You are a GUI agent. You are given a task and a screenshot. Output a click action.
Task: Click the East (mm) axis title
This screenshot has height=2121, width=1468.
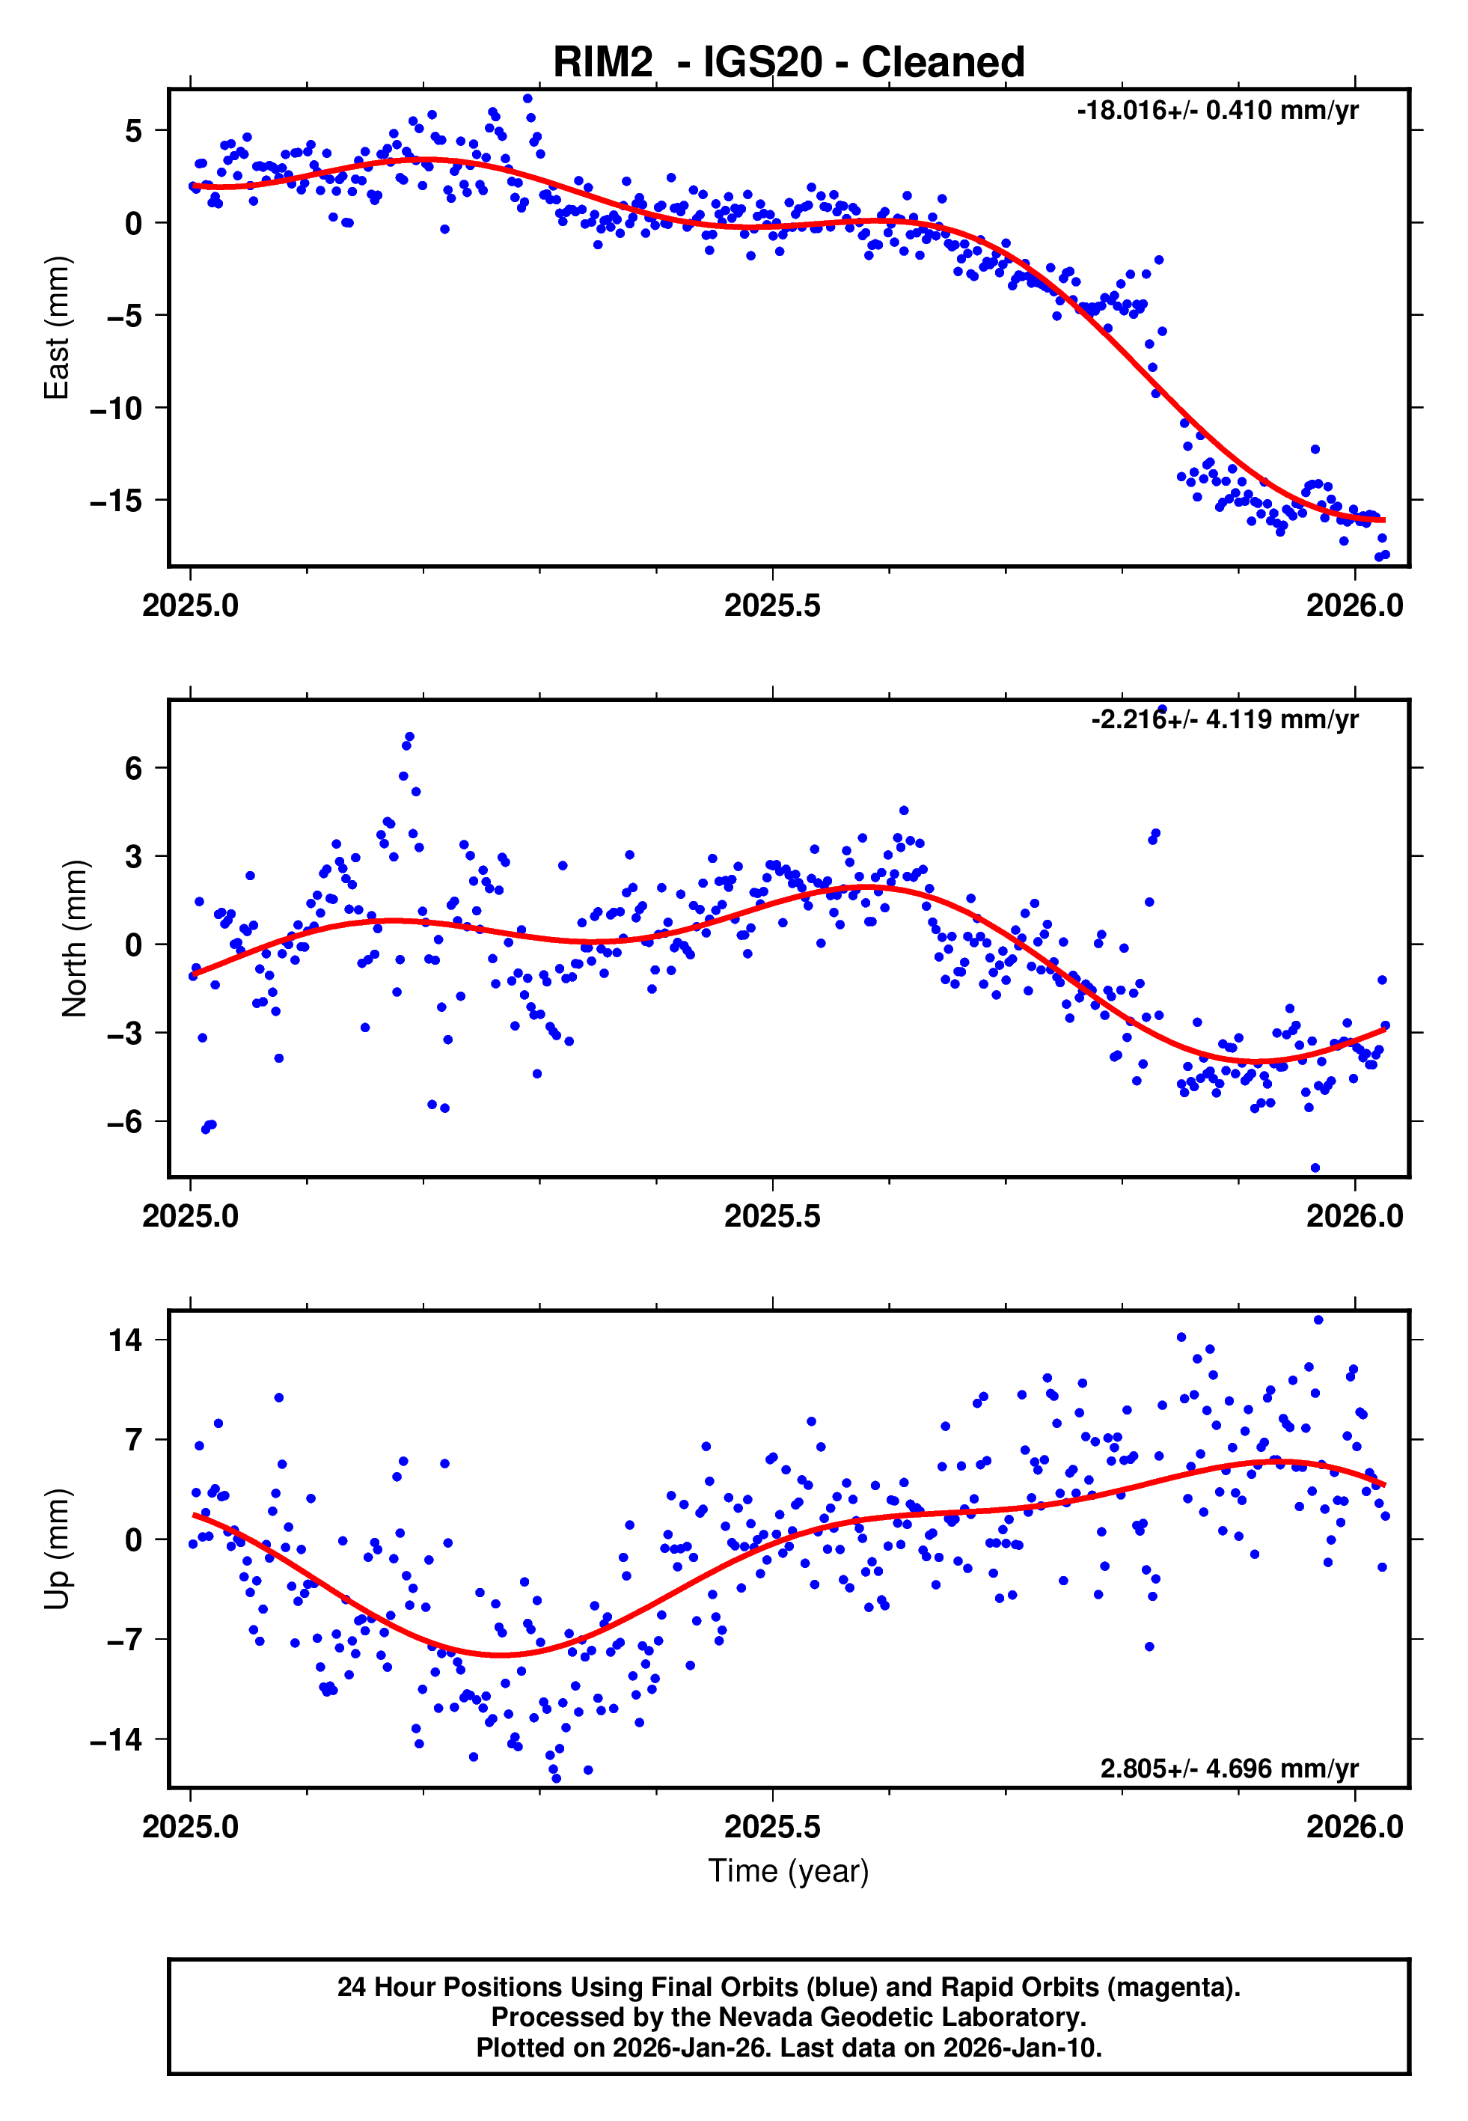tap(57, 328)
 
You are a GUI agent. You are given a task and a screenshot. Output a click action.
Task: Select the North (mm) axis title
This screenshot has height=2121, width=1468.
tap(75, 939)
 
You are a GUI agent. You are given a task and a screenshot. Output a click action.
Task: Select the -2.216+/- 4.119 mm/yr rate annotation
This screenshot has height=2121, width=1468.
tap(1224, 720)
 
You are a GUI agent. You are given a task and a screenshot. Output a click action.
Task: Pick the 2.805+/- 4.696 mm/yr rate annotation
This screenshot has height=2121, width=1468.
tap(1229, 1768)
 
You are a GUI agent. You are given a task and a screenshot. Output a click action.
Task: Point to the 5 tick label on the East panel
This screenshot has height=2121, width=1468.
tap(134, 132)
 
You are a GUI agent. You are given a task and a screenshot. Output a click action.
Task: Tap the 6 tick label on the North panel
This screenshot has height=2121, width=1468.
tap(134, 769)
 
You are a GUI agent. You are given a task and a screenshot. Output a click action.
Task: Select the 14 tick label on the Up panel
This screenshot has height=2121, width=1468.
tap(125, 1341)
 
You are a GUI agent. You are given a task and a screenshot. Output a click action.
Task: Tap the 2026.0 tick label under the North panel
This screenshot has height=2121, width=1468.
tap(1354, 1217)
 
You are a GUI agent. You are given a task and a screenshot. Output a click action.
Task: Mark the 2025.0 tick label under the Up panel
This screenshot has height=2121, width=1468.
tap(190, 1827)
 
